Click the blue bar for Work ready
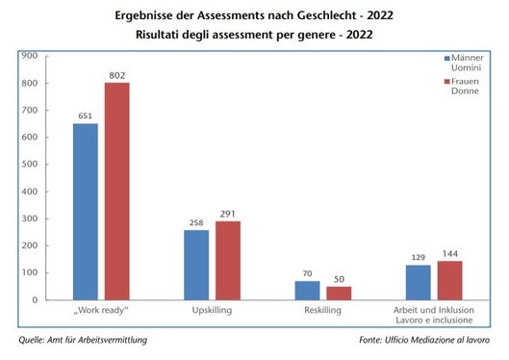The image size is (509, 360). [x=86, y=212]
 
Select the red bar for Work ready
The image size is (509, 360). [x=118, y=192]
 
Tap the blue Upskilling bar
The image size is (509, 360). [x=196, y=265]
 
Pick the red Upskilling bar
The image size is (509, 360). [x=229, y=260]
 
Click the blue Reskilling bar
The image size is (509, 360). [x=307, y=290]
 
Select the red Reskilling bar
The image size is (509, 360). [x=340, y=293]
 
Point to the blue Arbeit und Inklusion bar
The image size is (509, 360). [x=418, y=282]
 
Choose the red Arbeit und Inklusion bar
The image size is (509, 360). [x=450, y=280]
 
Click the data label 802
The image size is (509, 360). [x=118, y=76]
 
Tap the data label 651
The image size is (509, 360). [x=86, y=116]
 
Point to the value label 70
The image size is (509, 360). [x=307, y=273]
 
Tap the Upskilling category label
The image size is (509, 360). [x=213, y=312]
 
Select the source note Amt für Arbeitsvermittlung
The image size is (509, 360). [x=84, y=340]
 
